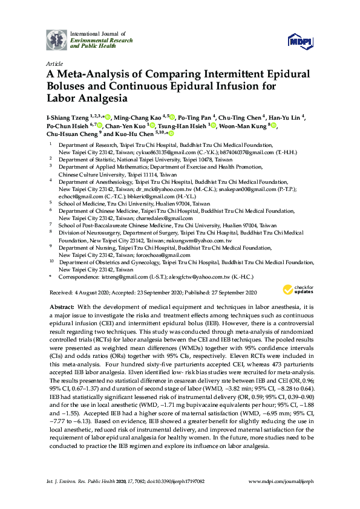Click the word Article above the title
tap(54, 62)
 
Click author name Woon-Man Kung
tap(244, 125)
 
